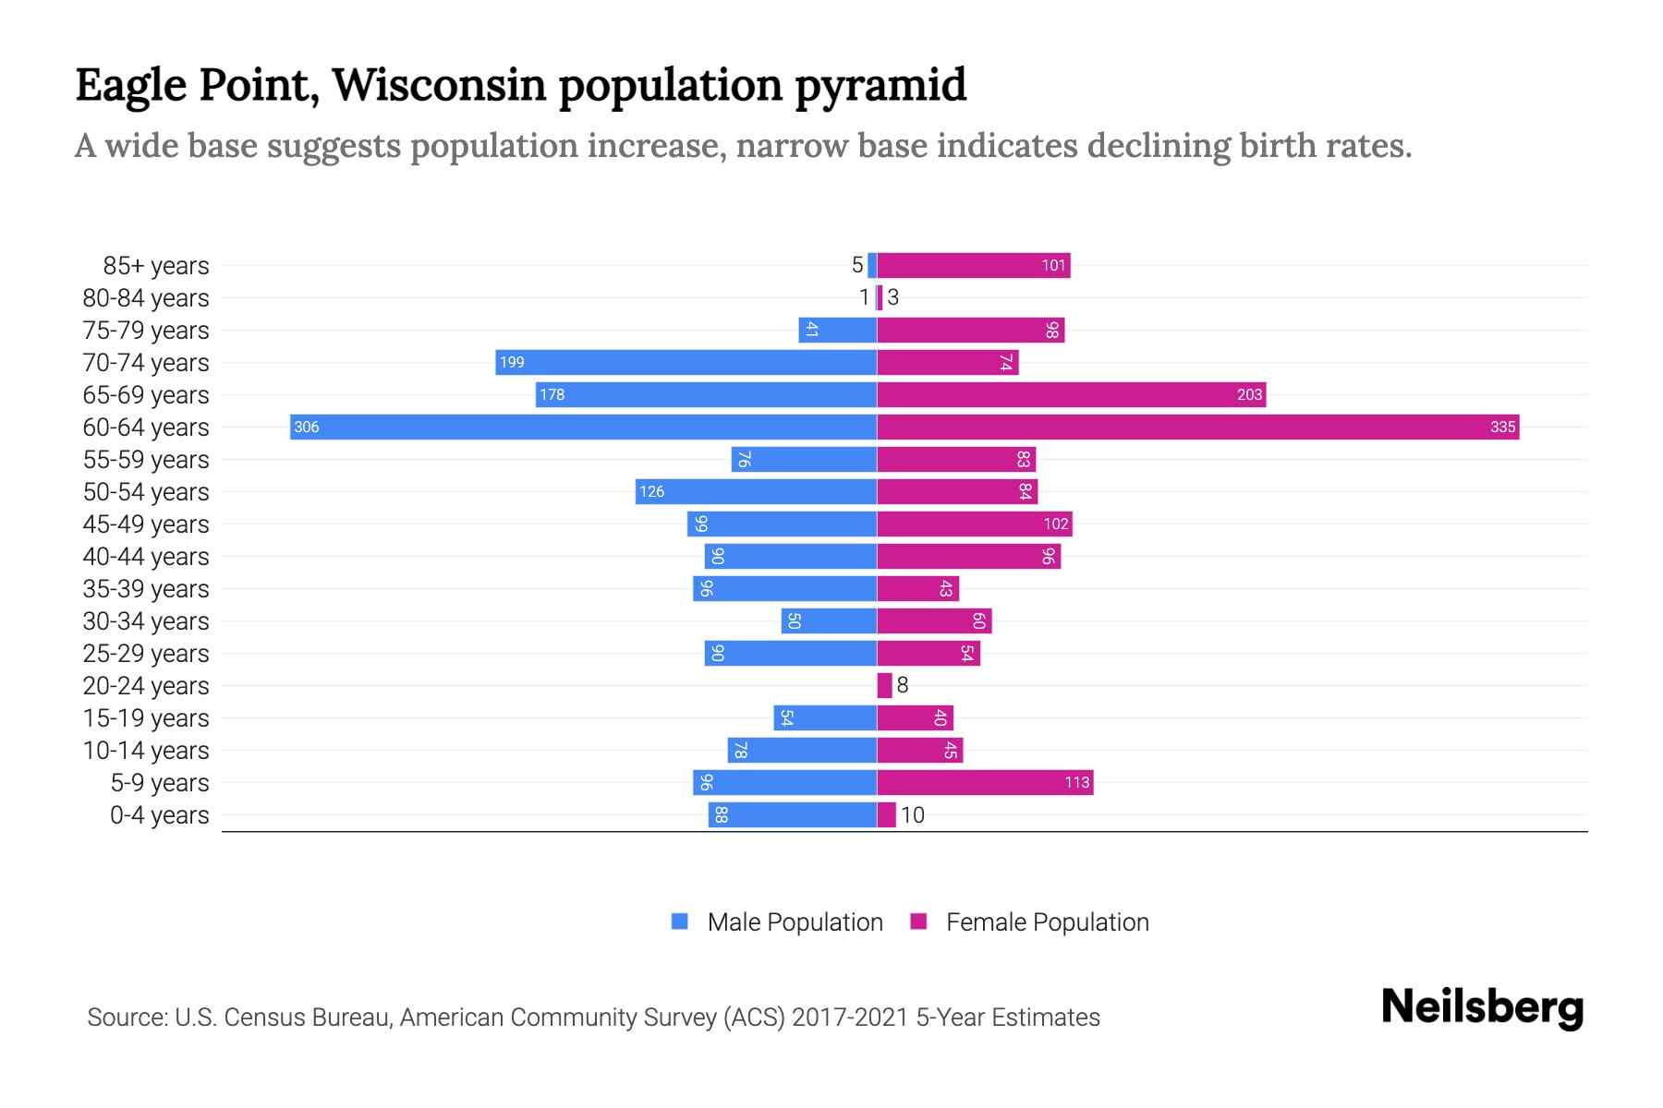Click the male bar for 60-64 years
tap(583, 427)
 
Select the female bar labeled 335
tap(1197, 427)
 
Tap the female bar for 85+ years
tap(973, 265)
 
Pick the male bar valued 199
tap(686, 362)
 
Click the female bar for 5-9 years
tap(985, 782)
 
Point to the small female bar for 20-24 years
tap(884, 685)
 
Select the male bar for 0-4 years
tap(793, 814)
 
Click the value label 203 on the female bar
tap(1249, 394)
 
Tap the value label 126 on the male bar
tap(651, 491)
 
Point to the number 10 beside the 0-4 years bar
tap(913, 814)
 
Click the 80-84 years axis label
tap(146, 297)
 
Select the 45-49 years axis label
tap(146, 524)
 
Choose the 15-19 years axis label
tap(146, 717)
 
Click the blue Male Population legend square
tap(680, 921)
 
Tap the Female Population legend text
tap(1047, 921)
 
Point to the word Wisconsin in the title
tap(439, 85)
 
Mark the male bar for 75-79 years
tap(837, 330)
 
